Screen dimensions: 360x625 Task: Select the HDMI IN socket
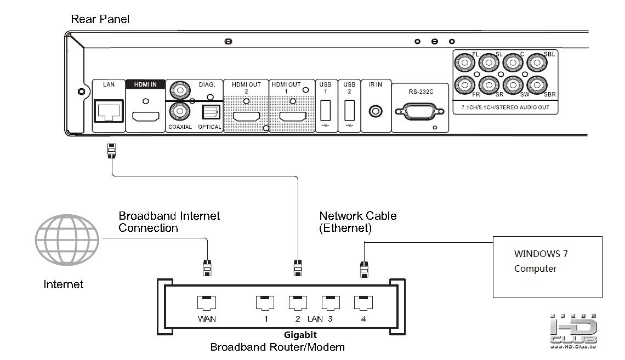(145, 116)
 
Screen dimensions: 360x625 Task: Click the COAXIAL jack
(179, 111)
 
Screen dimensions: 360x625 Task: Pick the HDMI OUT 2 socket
(246, 116)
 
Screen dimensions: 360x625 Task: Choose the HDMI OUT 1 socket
(293, 116)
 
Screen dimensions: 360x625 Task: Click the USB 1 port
(325, 111)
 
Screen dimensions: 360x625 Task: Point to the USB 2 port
(349, 111)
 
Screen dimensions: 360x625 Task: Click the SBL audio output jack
(537, 64)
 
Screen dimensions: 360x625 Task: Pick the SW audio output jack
(512, 85)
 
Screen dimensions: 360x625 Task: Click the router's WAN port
(206, 302)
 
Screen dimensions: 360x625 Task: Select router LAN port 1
(265, 302)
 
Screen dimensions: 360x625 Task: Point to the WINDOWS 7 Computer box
(548, 266)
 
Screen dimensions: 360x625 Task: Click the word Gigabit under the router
(300, 335)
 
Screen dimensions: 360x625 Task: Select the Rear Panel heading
(100, 20)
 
